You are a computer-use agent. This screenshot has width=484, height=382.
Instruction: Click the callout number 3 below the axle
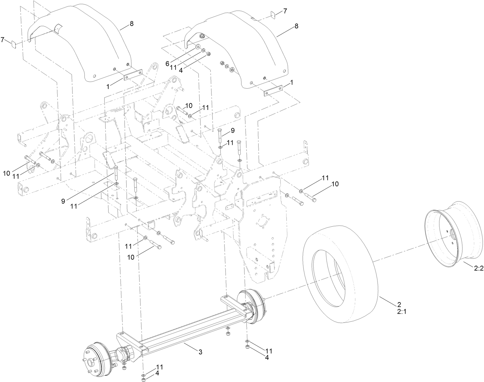[200, 352]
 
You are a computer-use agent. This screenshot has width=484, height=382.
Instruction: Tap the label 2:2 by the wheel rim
[479, 268]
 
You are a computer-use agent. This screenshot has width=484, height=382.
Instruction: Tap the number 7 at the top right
[285, 11]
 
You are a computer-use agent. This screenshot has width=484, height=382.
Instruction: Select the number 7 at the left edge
[3, 39]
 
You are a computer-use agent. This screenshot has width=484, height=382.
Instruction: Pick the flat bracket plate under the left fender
[133, 75]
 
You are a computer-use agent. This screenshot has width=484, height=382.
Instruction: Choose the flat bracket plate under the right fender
[273, 90]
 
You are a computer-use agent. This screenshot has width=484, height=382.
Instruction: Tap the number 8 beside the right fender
[296, 26]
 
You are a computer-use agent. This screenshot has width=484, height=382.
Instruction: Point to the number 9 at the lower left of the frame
[63, 201]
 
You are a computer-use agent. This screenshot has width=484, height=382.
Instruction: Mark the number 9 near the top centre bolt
[232, 131]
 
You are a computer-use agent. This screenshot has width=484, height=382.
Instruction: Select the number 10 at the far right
[335, 184]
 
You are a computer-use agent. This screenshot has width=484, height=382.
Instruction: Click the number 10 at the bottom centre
[130, 258]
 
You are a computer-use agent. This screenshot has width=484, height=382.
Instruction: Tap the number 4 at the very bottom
[157, 373]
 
